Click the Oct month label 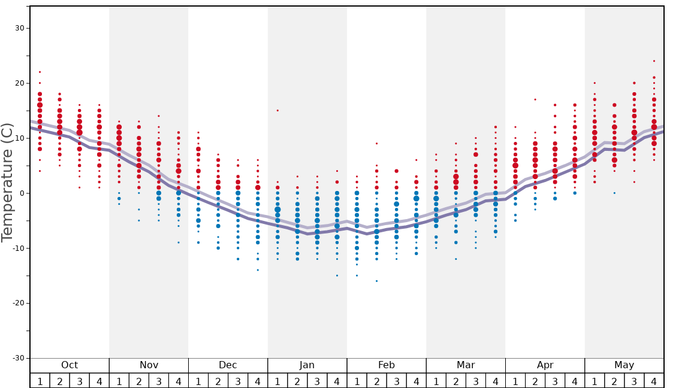(x=70, y=365)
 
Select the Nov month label (x=149, y=365)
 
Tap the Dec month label (x=228, y=365)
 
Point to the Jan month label (x=307, y=365)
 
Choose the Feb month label (x=386, y=365)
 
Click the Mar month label (x=466, y=365)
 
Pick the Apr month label (x=545, y=365)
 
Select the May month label (x=624, y=365)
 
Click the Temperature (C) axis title (x=7, y=183)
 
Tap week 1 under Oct (x=40, y=381)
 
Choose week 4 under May (x=654, y=381)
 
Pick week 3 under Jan (x=317, y=381)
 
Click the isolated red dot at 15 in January (x=277, y=110)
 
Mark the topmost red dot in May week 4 (x=654, y=61)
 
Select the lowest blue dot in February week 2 (x=376, y=281)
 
